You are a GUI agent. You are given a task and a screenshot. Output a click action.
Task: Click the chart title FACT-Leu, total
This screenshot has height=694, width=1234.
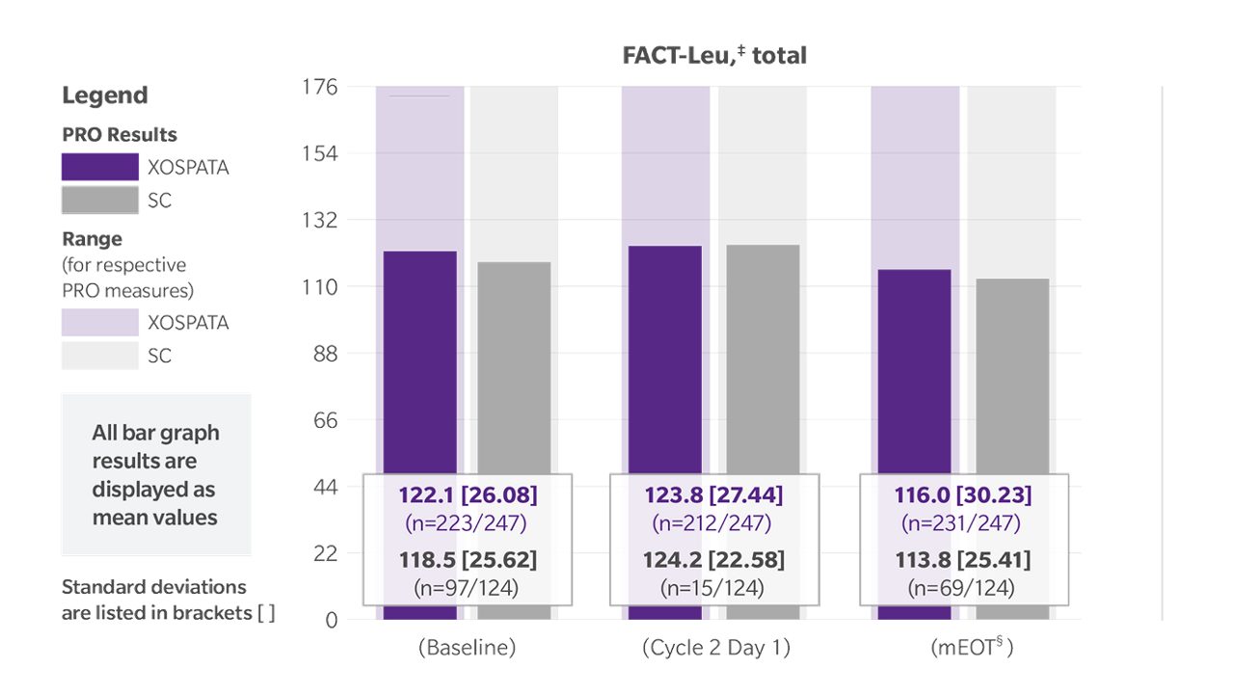click(x=714, y=56)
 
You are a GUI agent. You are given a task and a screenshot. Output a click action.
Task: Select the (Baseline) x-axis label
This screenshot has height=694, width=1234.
click(x=467, y=648)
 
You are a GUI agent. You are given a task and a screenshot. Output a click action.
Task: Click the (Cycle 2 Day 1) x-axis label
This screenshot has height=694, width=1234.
click(x=715, y=648)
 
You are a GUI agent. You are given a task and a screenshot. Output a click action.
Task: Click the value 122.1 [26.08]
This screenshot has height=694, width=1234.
click(x=468, y=495)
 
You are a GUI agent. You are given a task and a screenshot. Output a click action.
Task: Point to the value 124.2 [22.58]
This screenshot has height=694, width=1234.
click(x=713, y=560)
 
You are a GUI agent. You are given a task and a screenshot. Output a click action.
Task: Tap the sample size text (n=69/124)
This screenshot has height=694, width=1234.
click(x=961, y=586)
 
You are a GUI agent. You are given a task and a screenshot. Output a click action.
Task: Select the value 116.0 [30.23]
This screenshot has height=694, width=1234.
click(x=961, y=495)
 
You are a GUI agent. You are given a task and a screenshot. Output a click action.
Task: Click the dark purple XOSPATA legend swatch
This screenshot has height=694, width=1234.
click(x=100, y=167)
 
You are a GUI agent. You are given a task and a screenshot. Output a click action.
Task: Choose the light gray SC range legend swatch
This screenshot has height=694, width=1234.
click(x=100, y=356)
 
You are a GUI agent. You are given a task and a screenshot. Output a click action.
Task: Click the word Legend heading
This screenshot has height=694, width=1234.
click(x=105, y=95)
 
